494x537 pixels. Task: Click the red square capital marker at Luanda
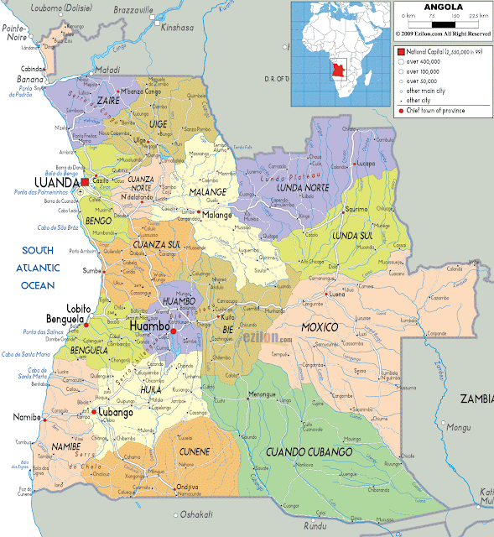(x=85, y=181)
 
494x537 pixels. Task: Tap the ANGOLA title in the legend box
(x=442, y=7)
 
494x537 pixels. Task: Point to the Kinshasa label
(x=178, y=27)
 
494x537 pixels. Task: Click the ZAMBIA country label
(x=475, y=400)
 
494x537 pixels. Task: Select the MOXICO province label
(x=320, y=326)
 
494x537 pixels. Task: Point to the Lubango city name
(x=114, y=413)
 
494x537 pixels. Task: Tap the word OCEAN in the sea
(x=38, y=284)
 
